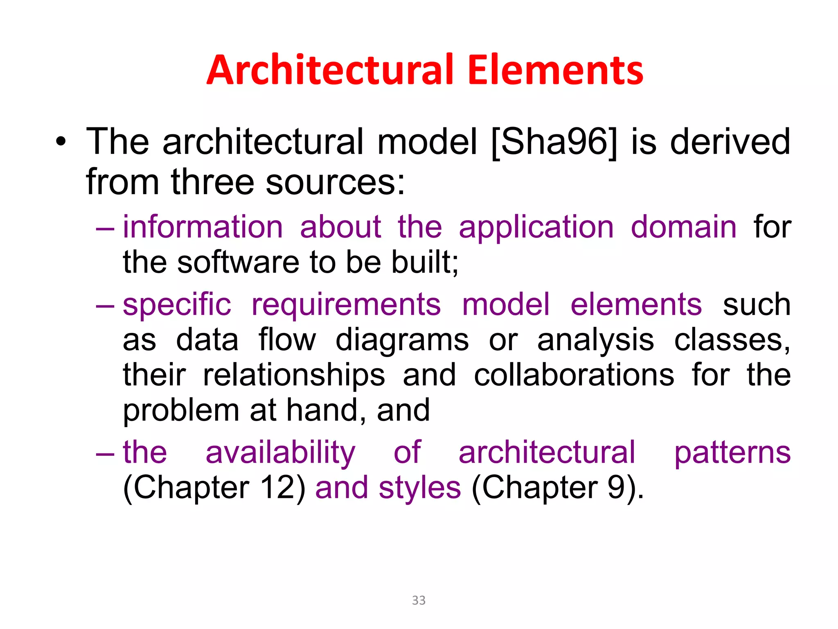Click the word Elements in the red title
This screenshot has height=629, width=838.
(555, 70)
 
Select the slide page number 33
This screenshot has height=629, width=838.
(419, 600)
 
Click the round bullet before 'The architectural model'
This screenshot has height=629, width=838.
(61, 142)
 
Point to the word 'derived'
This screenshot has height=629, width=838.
(730, 142)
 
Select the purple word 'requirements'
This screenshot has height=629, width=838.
(346, 305)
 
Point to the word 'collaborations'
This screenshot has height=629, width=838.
(574, 375)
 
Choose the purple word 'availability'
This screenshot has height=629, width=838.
(281, 453)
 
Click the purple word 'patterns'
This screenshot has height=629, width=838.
(732, 453)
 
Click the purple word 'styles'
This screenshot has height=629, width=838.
(420, 489)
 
